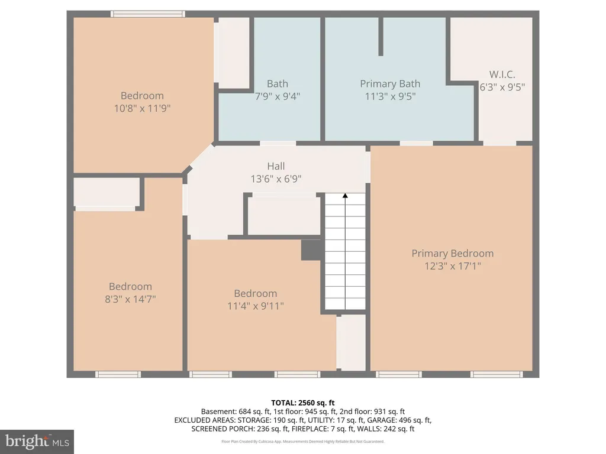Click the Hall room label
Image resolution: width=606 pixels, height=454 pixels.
coord(276,166)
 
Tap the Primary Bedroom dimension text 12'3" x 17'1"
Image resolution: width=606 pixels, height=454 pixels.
coord(453,266)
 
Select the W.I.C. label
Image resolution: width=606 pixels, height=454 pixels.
coord(502,74)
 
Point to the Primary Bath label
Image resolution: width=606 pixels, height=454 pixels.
coord(390,84)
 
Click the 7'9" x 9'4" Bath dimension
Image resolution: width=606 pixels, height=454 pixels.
coord(278,96)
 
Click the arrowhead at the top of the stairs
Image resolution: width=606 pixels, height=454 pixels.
coord(345,196)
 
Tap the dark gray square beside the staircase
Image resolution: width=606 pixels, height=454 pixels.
coord(311,250)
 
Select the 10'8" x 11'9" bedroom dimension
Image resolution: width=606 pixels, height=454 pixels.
coord(142,108)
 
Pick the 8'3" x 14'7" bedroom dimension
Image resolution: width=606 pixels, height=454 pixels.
coord(130,299)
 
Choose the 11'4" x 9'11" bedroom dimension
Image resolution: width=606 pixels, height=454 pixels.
coord(256,306)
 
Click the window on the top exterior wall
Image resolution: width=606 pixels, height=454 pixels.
coord(147,14)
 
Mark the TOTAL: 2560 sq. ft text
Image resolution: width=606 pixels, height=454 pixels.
coord(303,403)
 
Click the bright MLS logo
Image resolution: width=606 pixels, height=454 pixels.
coord(37,442)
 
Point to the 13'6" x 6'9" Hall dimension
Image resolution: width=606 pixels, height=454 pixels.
coord(276,179)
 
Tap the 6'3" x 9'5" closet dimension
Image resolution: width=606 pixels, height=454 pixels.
coord(502,87)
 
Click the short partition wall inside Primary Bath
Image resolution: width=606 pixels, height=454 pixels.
coord(381,37)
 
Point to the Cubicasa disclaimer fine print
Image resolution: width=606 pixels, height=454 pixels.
coord(303,442)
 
